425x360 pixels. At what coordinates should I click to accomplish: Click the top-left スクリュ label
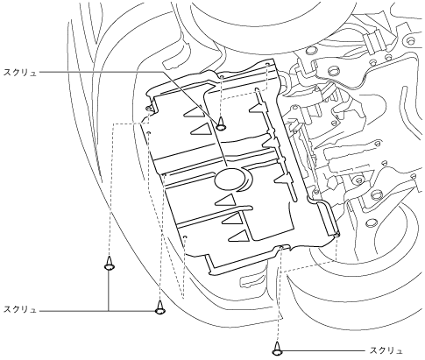(x=20, y=73)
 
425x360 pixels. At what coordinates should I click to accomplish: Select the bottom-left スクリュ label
(x=20, y=309)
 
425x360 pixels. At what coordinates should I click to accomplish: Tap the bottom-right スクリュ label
(x=386, y=350)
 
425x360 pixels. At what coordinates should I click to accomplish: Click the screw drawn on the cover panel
(x=222, y=124)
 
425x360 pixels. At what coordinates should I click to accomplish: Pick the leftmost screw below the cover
(x=110, y=263)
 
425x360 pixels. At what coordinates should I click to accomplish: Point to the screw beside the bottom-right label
(x=277, y=349)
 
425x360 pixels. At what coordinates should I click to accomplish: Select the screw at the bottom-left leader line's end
(x=160, y=307)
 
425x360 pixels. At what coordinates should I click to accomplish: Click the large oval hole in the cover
(x=230, y=179)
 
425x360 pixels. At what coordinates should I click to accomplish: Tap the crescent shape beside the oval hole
(x=248, y=181)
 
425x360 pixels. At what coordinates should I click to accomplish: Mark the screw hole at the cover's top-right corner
(x=268, y=64)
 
